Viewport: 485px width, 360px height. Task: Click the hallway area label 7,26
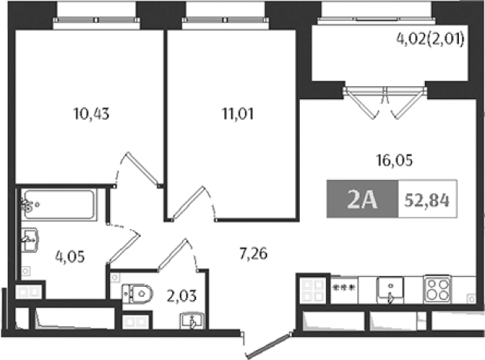(253, 252)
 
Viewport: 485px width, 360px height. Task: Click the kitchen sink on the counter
(391, 291)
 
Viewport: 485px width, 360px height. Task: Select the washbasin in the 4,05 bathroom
(31, 239)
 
